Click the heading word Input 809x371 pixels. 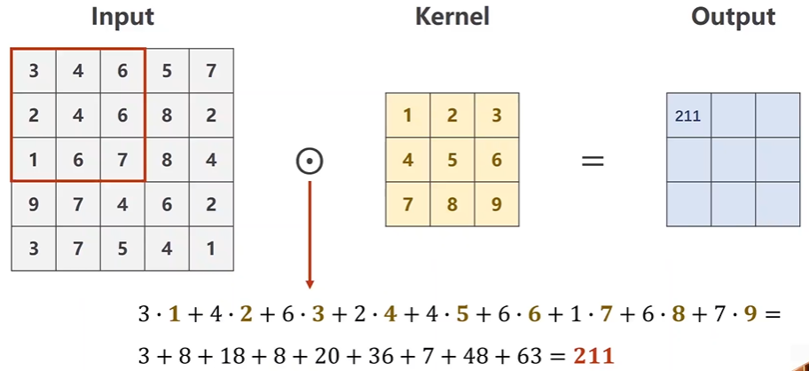pyautogui.click(x=122, y=17)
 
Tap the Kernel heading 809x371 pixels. pyautogui.click(x=452, y=17)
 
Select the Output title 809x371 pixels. pyautogui.click(x=733, y=17)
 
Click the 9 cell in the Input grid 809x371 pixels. pyautogui.click(x=34, y=205)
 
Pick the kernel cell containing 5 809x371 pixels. pyautogui.click(x=452, y=161)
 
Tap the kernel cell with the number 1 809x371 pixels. pyautogui.click(x=408, y=115)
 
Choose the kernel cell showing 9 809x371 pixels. pyautogui.click(x=497, y=205)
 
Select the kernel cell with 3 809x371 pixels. pyautogui.click(x=497, y=115)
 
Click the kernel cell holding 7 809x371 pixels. pyautogui.click(x=408, y=205)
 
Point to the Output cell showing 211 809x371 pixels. pyautogui.click(x=688, y=115)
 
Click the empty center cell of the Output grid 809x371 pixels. pyautogui.click(x=733, y=160)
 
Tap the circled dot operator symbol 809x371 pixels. pyautogui.click(x=310, y=161)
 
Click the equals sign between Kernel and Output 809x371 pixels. pyautogui.click(x=592, y=161)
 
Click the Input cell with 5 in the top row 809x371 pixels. pyautogui.click(x=167, y=71)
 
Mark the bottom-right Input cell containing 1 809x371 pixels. pyautogui.click(x=211, y=249)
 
